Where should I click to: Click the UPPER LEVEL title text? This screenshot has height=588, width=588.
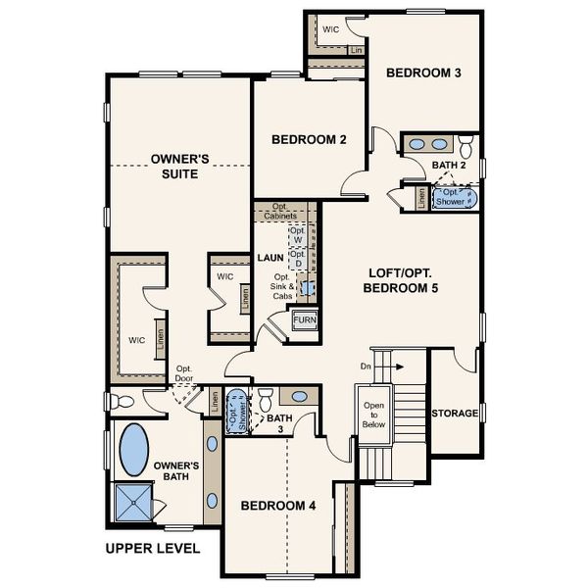tap(152, 548)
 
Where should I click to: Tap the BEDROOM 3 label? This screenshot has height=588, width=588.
tap(422, 73)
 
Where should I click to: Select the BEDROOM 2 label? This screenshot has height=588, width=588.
tap(309, 140)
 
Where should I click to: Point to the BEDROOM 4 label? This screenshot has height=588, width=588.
tap(278, 506)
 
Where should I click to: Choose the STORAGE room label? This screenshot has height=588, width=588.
tap(456, 414)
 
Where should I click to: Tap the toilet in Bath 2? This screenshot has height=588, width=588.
tap(465, 146)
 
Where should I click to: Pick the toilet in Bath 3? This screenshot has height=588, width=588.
tap(264, 400)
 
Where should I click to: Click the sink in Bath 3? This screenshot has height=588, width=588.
tap(300, 397)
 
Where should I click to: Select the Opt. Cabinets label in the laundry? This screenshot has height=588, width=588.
tap(285, 211)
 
